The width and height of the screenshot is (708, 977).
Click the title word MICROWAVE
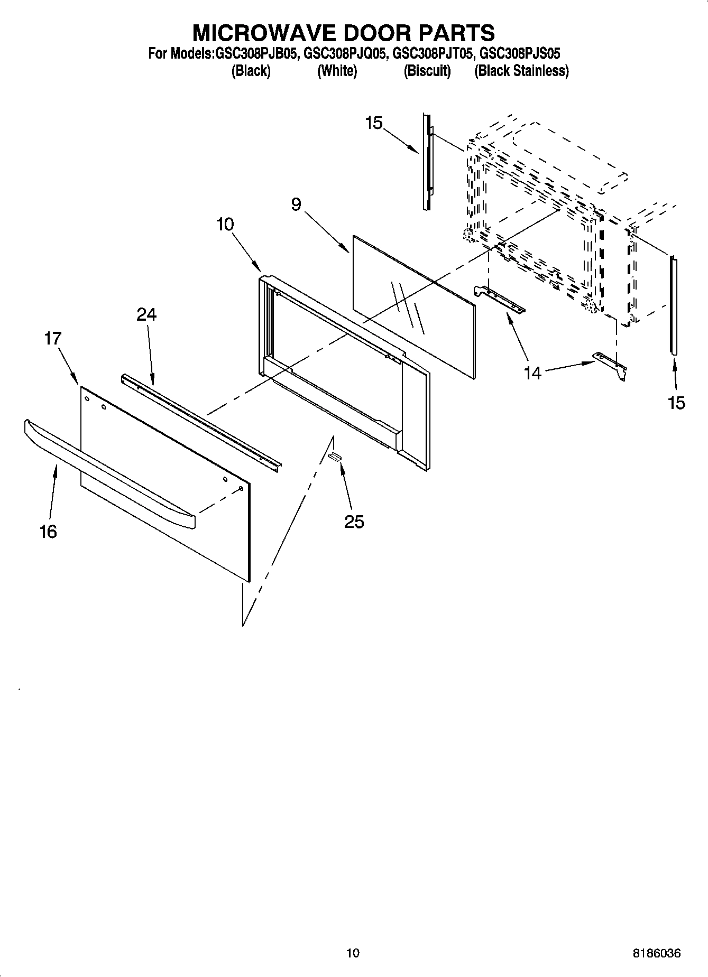click(x=264, y=33)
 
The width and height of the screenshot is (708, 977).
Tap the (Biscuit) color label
click(x=427, y=71)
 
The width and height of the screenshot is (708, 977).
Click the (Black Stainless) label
click(x=521, y=71)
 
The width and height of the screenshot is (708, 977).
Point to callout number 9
click(x=296, y=204)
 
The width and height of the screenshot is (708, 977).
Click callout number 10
click(x=225, y=224)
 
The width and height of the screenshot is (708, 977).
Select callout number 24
click(x=146, y=314)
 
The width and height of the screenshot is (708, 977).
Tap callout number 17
click(x=53, y=338)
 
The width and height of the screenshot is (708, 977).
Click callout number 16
click(x=48, y=532)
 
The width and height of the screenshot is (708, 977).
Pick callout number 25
click(x=354, y=522)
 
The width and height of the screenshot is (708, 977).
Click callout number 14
click(x=532, y=373)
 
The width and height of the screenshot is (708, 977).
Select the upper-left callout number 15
click(x=373, y=123)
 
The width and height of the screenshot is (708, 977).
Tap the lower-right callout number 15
click(x=676, y=403)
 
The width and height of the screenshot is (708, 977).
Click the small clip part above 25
click(x=334, y=456)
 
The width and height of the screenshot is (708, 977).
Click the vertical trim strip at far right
click(x=673, y=304)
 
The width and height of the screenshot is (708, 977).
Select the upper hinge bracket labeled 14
click(x=500, y=300)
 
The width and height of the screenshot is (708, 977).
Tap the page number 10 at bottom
click(x=353, y=953)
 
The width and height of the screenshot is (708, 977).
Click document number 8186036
click(x=656, y=953)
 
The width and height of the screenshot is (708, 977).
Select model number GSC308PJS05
click(x=519, y=54)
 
